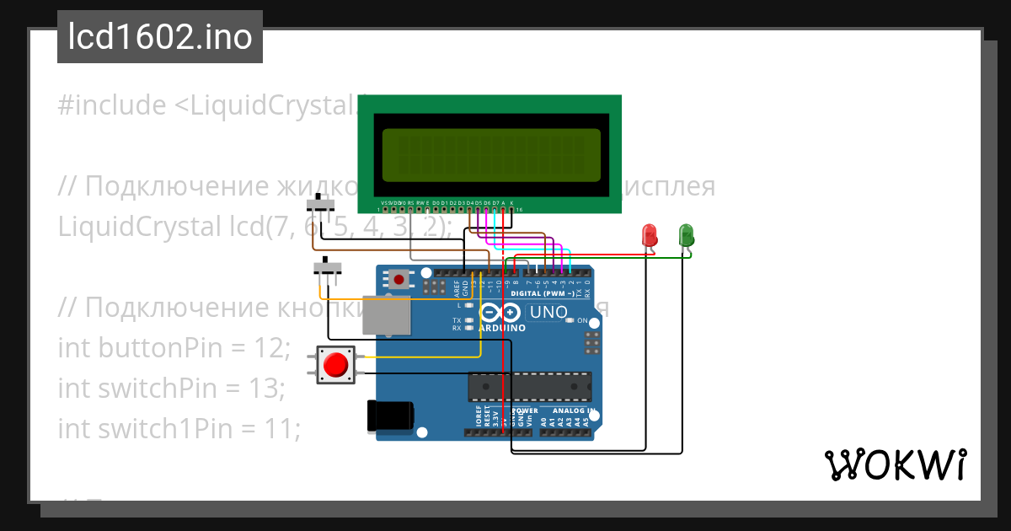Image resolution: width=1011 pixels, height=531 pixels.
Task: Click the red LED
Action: pyautogui.click(x=650, y=235)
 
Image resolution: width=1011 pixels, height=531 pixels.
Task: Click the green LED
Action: pyautogui.click(x=687, y=234)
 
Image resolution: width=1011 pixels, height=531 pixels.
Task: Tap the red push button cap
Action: pyautogui.click(x=336, y=365)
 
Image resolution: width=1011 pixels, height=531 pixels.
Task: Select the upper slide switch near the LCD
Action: pyautogui.click(x=321, y=205)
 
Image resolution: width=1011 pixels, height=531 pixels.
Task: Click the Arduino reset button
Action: pyautogui.click(x=398, y=278)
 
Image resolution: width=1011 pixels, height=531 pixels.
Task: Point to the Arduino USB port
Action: pyautogui.click(x=386, y=314)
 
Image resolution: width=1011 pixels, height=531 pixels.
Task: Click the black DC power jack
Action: pyautogui.click(x=390, y=416)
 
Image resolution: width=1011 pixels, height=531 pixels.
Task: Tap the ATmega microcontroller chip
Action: pyautogui.click(x=529, y=385)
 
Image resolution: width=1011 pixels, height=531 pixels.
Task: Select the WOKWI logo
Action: pyautogui.click(x=895, y=464)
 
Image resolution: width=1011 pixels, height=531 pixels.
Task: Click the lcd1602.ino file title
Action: pyautogui.click(x=160, y=37)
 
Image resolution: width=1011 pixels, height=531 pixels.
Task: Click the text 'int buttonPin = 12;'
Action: pyautogui.click(x=174, y=346)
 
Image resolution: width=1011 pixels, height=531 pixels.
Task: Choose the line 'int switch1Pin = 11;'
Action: pyautogui.click(x=179, y=429)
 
